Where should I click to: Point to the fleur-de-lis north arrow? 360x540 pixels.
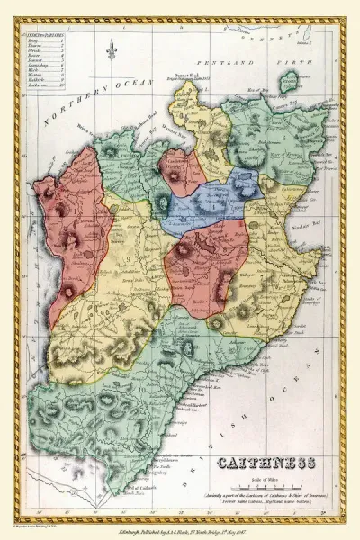[x=112, y=51]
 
